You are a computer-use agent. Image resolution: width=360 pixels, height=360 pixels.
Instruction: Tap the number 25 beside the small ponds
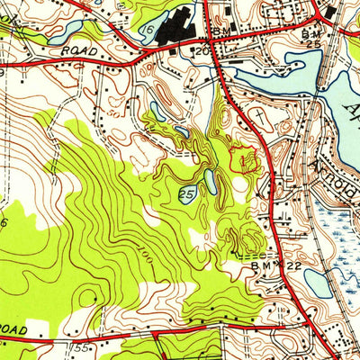pyautogui.click(x=187, y=193)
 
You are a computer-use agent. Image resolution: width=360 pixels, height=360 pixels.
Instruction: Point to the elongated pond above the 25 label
pyautogui.click(x=211, y=182)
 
